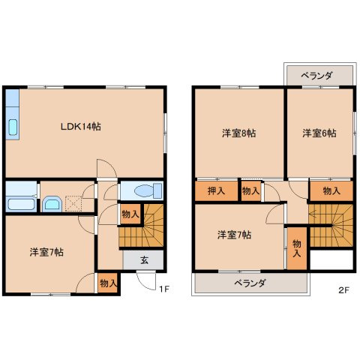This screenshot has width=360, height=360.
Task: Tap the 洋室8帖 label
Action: pos(238,133)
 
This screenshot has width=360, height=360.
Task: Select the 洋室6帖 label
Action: pos(319,133)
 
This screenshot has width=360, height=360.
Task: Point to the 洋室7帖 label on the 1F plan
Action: pos(46,251)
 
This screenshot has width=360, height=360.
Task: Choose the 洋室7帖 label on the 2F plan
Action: pos(234,235)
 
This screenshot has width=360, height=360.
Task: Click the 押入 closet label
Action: pos(216,191)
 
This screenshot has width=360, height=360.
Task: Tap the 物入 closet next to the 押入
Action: pos(251,192)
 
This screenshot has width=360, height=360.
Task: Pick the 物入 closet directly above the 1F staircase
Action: pos(130,214)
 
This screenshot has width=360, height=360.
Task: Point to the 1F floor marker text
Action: pos(163,286)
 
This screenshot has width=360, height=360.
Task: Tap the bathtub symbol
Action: pos(20,203)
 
